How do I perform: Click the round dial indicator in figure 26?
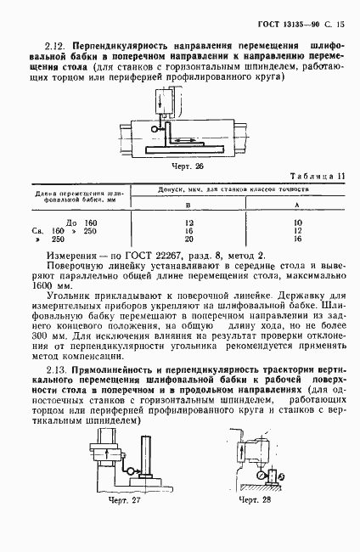coord(153,127)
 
